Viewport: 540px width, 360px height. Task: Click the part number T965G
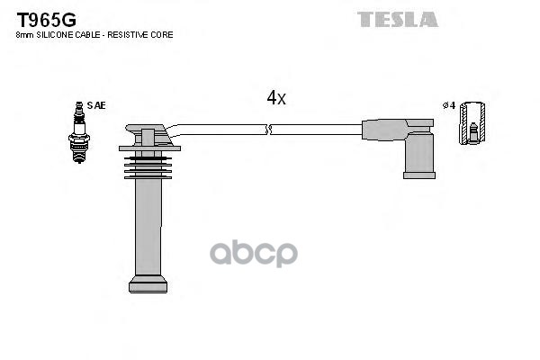(46, 17)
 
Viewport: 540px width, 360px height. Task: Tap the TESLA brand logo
(397, 18)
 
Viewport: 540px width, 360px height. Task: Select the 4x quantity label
(275, 98)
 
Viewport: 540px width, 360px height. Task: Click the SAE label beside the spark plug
(96, 105)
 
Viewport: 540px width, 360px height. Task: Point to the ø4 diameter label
(447, 105)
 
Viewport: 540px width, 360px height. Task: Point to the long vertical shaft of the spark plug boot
(148, 225)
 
